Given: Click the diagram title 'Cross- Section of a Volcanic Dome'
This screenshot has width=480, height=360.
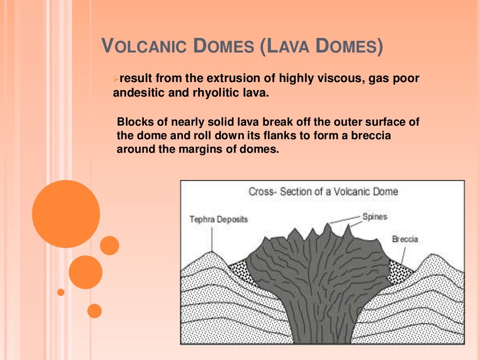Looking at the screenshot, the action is coord(323,191).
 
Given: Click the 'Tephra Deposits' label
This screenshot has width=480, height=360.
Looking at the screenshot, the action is coord(218,219).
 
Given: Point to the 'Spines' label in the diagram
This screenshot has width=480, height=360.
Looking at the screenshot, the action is coord(375,217).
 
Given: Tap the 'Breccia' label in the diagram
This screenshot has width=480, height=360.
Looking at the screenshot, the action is coord(405,239).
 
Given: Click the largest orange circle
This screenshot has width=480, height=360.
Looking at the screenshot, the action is coord(66,214).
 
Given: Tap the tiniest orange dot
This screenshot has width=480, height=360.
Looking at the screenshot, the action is coord(60,292).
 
